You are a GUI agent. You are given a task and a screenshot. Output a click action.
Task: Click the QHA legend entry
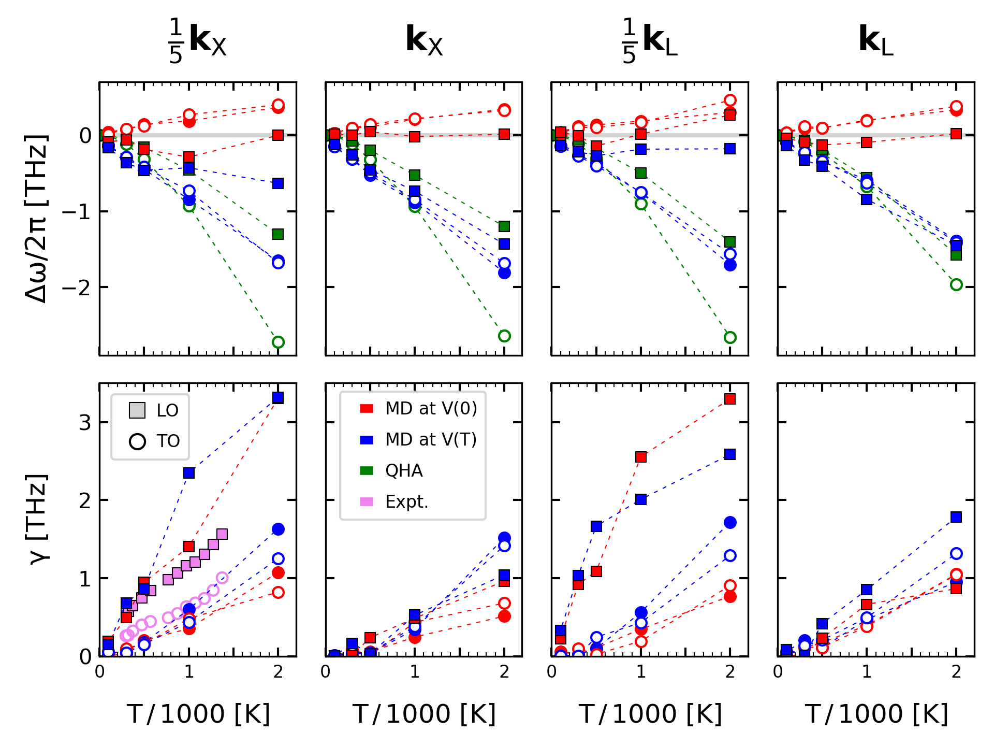click(x=404, y=471)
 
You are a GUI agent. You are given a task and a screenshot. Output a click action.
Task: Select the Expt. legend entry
click(x=407, y=502)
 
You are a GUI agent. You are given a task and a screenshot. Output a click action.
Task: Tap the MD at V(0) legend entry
click(x=431, y=409)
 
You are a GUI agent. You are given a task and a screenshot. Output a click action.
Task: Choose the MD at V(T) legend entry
click(x=431, y=440)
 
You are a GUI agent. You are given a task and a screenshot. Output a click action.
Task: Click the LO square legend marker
click(x=137, y=410)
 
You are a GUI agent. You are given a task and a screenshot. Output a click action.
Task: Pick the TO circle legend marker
click(x=137, y=441)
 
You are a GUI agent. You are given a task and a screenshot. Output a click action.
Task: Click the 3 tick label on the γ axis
click(x=85, y=423)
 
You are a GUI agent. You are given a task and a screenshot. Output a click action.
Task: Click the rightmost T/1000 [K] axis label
click(x=876, y=714)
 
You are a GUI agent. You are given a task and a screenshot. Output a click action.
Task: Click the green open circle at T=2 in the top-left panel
click(x=278, y=342)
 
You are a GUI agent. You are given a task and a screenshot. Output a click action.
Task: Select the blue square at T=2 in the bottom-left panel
click(x=278, y=397)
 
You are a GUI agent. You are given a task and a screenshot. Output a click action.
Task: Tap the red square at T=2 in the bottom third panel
click(x=730, y=399)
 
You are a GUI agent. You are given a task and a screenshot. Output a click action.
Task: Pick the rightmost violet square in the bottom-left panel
click(x=222, y=534)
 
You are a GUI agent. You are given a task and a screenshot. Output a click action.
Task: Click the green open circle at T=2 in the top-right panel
click(x=956, y=285)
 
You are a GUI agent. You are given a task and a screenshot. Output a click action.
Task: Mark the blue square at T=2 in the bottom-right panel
click(x=956, y=517)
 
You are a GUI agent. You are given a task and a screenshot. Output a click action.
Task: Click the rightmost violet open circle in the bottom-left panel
click(x=222, y=578)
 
